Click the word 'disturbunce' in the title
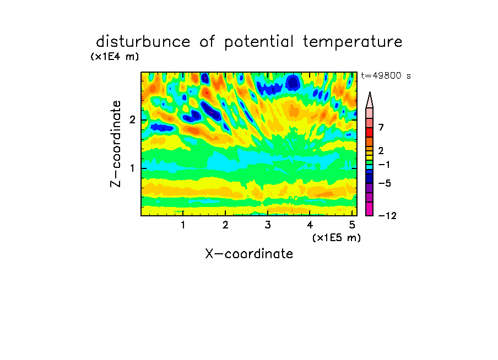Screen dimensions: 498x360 143,42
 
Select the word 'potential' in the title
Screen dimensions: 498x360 259,42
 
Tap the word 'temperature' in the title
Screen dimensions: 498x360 353,42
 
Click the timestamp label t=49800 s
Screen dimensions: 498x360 386,75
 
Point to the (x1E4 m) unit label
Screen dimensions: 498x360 115,57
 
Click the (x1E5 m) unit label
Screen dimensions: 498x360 337,237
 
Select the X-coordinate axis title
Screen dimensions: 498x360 249,254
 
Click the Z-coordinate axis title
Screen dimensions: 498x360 116,144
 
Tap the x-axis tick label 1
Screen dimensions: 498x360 183,225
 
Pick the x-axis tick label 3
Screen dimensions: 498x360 268,225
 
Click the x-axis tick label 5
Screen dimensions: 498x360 352,225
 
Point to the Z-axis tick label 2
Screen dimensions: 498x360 132,120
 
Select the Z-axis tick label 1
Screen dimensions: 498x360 132,168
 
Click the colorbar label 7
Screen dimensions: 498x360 381,127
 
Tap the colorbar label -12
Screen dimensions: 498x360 387,216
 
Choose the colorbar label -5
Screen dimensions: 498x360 385,183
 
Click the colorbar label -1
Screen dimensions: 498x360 384,165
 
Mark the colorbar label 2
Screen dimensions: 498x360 381,150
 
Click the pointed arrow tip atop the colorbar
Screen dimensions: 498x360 370,92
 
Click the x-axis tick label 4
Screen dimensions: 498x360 310,225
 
